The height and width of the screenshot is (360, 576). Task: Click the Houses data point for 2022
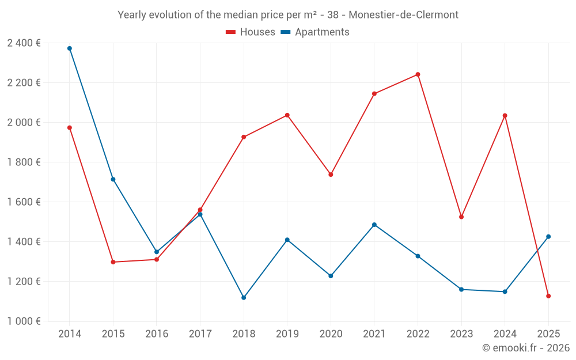418,74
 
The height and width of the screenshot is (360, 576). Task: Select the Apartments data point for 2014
70,48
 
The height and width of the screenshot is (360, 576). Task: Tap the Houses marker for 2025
548,296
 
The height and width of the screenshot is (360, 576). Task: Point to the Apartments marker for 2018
244,298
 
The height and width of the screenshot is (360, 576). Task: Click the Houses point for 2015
113,262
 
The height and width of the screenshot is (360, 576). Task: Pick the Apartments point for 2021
374,225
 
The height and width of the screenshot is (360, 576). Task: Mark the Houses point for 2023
461,217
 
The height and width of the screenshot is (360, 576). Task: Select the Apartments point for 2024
505,291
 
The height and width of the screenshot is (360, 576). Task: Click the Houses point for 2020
331,175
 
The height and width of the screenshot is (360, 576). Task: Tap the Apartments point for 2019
287,240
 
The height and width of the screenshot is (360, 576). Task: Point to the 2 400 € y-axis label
24,43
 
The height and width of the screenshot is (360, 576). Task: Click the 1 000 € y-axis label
24,321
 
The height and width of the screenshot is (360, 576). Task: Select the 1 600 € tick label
24,202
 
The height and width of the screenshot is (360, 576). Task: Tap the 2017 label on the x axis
200,334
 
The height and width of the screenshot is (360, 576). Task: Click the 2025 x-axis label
548,334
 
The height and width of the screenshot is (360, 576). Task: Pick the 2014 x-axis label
70,334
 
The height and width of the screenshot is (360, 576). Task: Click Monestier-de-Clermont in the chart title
404,15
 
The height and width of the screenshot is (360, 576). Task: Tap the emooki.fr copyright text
526,348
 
